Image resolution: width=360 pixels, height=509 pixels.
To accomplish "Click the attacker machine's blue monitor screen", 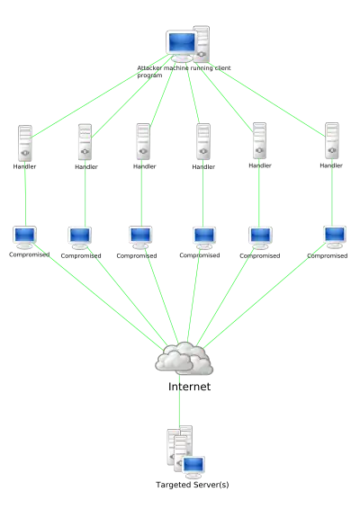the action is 182,42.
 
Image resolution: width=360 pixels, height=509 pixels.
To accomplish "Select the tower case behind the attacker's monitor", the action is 202,43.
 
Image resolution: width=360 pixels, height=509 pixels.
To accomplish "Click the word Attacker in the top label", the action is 149,68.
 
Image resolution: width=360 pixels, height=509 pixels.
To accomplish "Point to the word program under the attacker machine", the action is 149,76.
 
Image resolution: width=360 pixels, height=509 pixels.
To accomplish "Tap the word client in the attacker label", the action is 222,68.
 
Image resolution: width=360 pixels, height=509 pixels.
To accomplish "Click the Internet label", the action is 189,387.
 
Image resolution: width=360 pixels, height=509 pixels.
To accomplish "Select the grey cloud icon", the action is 184,358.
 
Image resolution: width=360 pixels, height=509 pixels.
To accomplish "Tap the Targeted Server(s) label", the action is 193,485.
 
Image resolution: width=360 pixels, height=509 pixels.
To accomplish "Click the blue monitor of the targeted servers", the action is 193,466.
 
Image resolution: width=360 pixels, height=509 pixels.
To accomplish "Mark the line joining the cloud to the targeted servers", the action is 179,400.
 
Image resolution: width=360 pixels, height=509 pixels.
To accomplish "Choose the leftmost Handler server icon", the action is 25,143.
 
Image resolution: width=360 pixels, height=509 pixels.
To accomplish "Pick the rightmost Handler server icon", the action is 332,140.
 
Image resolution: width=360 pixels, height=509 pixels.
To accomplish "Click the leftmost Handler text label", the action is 24,166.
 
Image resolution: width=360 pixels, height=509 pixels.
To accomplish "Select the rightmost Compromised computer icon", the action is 335,237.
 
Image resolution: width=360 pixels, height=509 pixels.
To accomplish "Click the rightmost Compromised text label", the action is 328,255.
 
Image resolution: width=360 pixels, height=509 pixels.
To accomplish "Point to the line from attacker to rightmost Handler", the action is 266,99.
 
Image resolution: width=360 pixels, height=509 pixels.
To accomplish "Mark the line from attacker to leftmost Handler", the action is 100,97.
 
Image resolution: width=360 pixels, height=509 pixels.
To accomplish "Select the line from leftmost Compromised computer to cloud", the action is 98,297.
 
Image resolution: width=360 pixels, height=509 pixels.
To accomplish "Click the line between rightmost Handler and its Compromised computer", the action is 332,192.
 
